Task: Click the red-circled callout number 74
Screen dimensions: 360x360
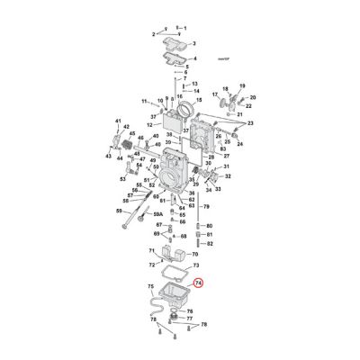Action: (x=199, y=282)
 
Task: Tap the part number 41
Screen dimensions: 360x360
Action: (x=117, y=121)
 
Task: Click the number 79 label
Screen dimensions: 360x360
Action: (x=206, y=206)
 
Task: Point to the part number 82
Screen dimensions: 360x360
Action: (x=210, y=244)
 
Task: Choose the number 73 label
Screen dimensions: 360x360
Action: (x=195, y=268)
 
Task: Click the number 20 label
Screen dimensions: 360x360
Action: (x=253, y=97)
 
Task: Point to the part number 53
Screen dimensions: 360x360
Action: (x=122, y=178)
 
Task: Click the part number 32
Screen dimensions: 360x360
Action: (x=227, y=178)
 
